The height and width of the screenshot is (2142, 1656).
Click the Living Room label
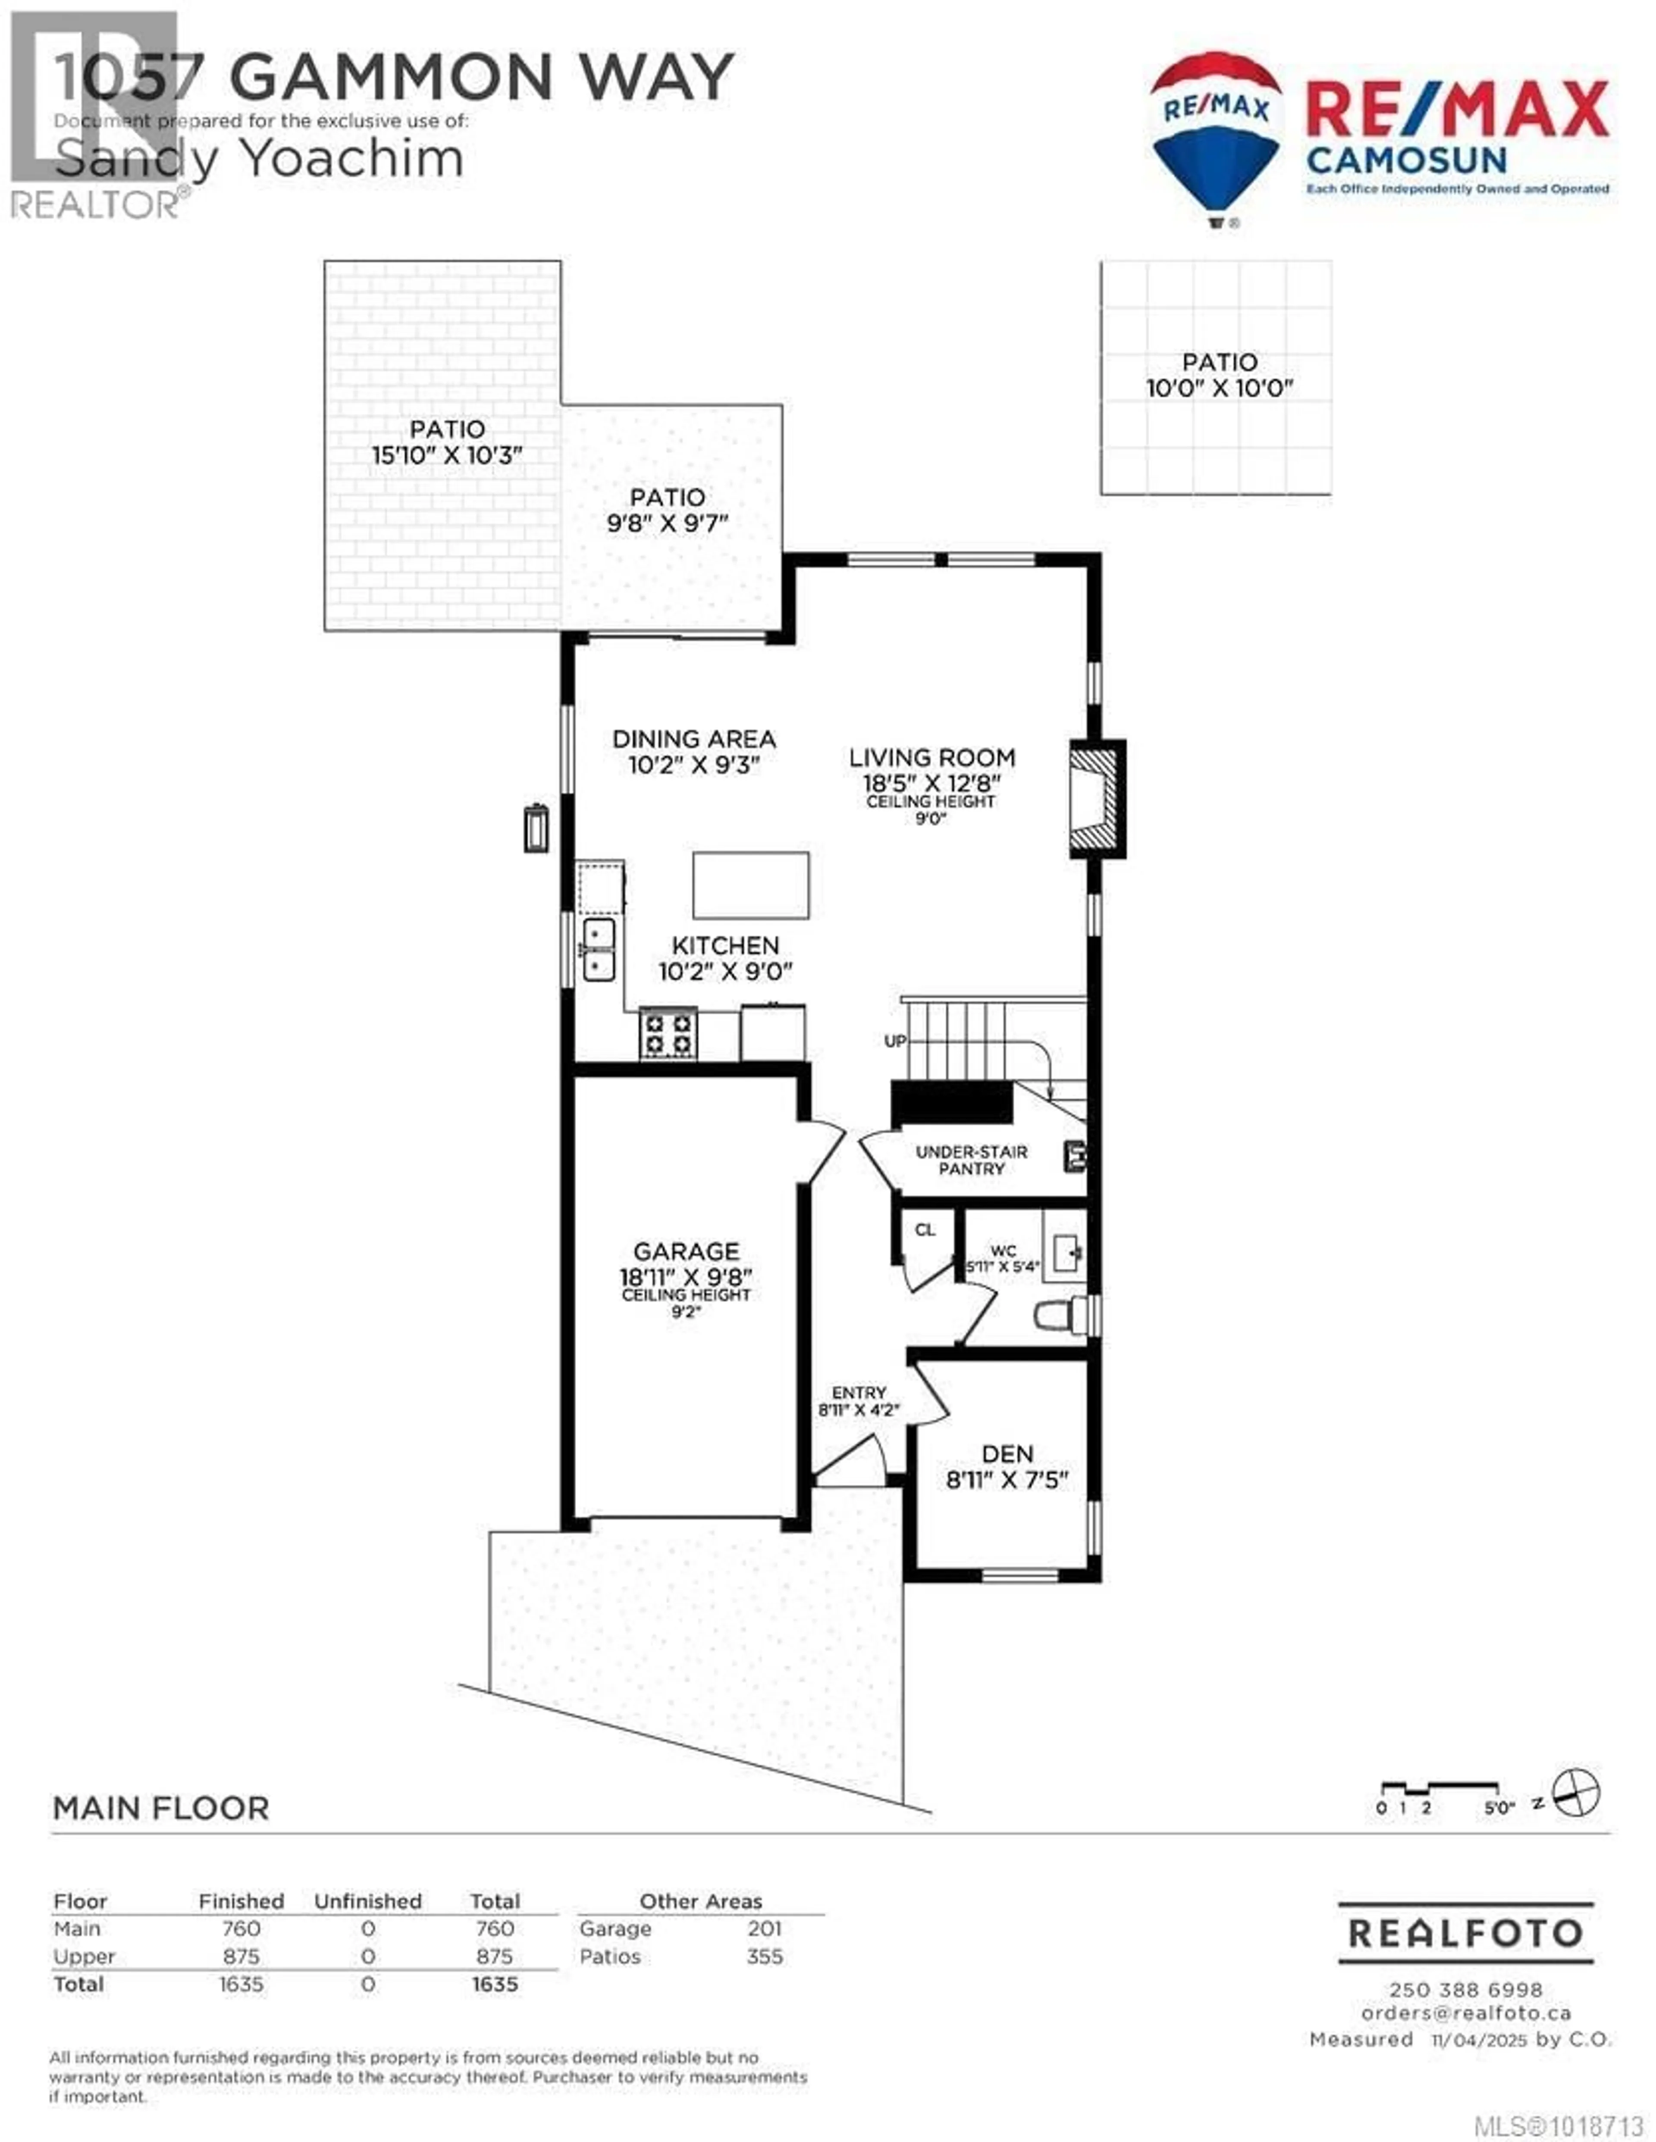[x=931, y=757]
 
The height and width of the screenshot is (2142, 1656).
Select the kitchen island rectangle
[x=750, y=884]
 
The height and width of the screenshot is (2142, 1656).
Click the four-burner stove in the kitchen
[x=668, y=1034]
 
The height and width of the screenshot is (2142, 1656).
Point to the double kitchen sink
[x=599, y=949]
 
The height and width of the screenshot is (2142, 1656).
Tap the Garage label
[x=686, y=1251]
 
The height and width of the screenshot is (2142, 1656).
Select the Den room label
[x=1007, y=1453]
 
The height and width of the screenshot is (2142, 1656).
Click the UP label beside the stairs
[x=895, y=1041]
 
